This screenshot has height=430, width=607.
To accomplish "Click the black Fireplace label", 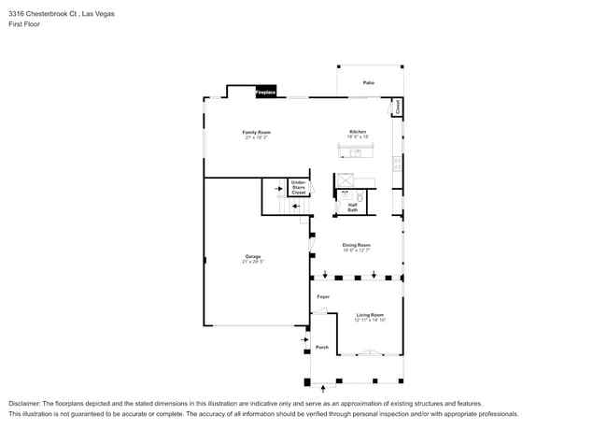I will coord(266,93).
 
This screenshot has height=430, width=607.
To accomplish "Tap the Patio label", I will coord(369,83).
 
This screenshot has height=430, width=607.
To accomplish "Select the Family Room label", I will coord(256,133).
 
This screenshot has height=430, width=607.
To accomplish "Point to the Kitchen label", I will coord(358,132).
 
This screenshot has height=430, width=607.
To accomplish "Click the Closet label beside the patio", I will coord(398,107).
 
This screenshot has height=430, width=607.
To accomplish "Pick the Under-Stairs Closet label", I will coord(298,187).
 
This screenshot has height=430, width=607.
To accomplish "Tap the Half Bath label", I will coord(353,208).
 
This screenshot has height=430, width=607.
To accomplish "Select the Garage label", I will coord(253,256).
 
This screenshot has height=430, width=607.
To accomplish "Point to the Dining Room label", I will coord(356,245).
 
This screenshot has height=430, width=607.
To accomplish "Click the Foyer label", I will coord(323,296).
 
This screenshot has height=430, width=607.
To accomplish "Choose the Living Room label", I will coord(370,315).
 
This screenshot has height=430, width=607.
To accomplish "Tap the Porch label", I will coord(322,347).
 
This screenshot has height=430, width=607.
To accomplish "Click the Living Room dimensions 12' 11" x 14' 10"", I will coord(370,320).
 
